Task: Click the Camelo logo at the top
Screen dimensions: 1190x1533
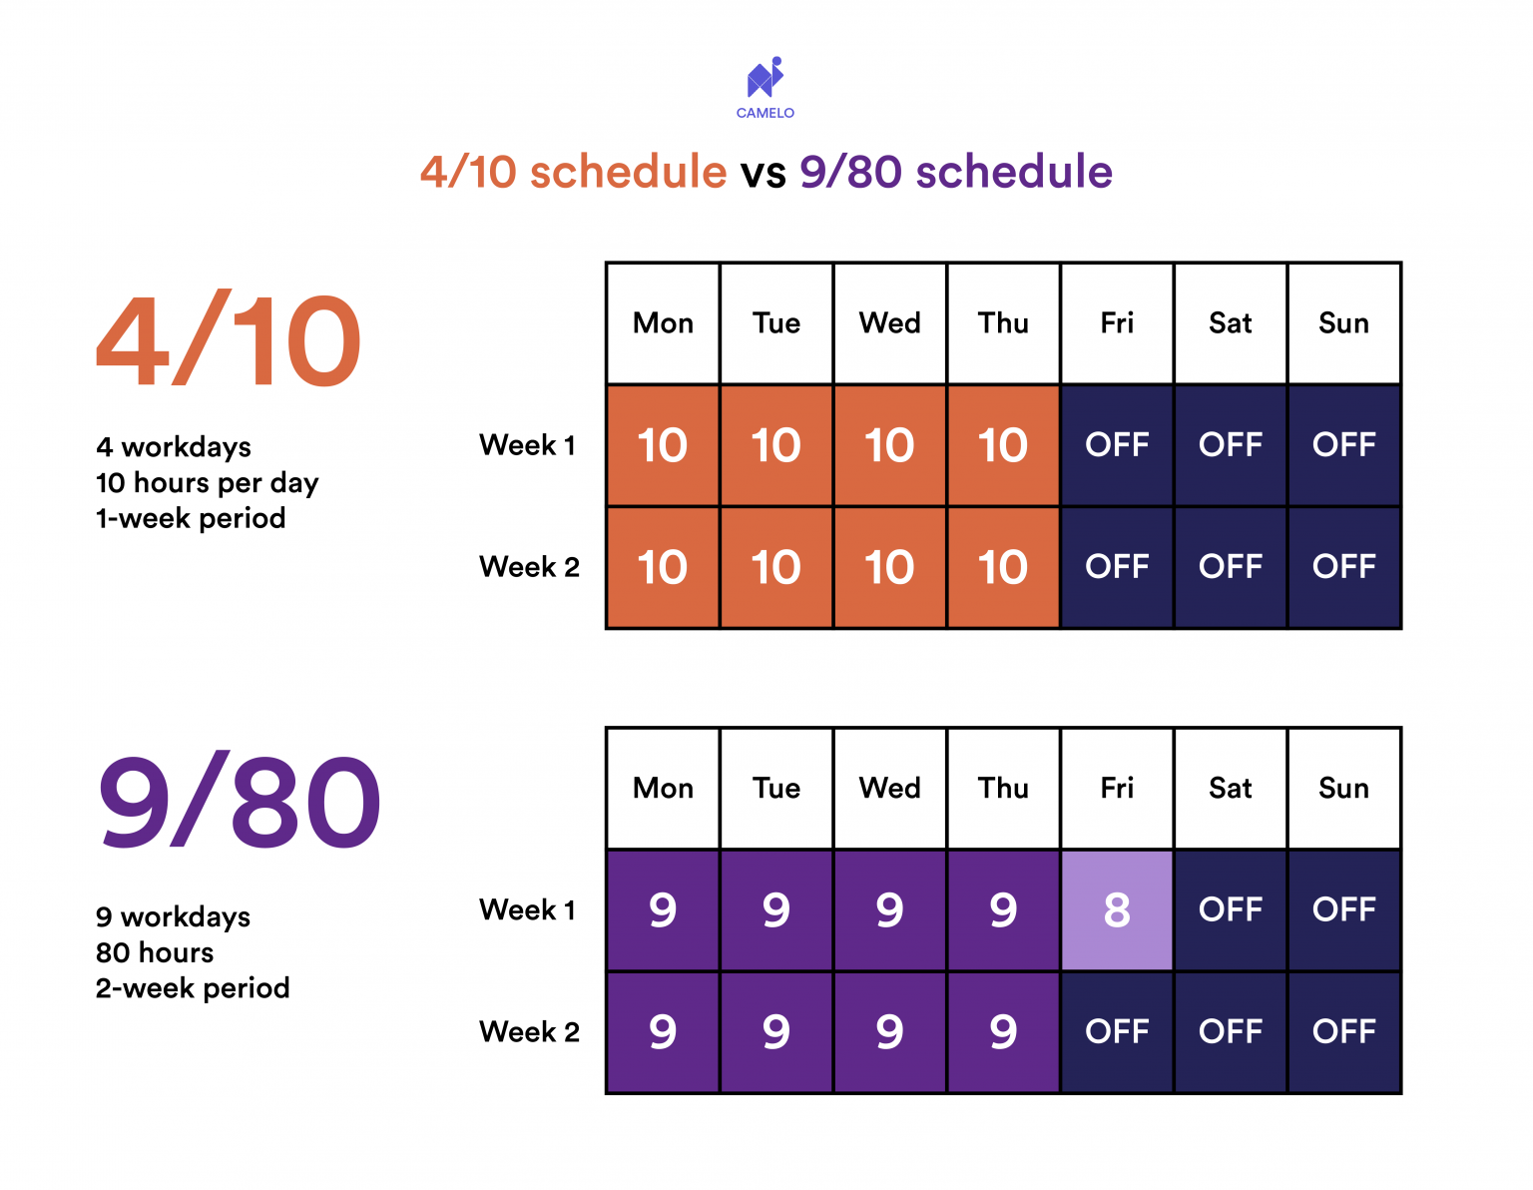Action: (766, 85)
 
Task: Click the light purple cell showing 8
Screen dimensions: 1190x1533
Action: (1117, 909)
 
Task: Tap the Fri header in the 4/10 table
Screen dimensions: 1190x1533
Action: (1117, 323)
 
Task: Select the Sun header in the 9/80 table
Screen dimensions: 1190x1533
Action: (1343, 789)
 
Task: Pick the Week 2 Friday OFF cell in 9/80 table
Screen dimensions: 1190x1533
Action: (1117, 1031)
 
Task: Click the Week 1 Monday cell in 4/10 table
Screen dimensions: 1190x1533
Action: (663, 445)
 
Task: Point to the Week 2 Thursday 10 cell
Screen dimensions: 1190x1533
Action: (1003, 567)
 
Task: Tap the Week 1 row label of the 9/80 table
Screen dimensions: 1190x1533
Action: (528, 909)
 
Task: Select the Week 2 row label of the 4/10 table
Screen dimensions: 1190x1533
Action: (529, 567)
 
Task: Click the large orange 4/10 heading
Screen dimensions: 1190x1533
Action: (229, 341)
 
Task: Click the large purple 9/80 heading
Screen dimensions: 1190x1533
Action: (239, 803)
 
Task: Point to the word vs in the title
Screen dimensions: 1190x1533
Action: (763, 172)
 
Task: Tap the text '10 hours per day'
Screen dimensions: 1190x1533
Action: (207, 483)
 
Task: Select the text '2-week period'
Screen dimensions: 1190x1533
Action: (193, 988)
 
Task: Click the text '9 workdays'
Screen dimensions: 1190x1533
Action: (173, 916)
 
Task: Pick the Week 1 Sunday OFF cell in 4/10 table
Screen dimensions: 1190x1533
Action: (1343, 445)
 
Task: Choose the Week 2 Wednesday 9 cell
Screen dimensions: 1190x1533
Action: (889, 1031)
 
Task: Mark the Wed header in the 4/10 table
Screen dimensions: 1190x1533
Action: (889, 323)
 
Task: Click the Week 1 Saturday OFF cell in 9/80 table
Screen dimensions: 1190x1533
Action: (1231, 909)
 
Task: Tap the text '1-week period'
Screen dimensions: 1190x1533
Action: (191, 518)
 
